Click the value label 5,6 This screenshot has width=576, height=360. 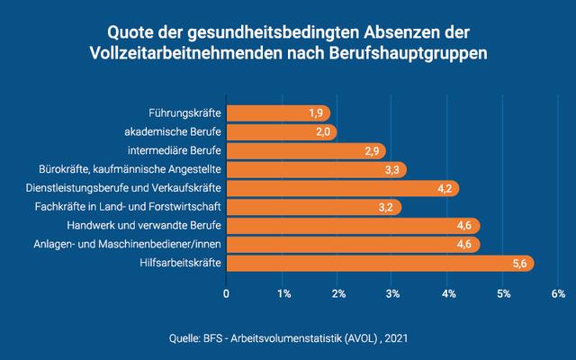pyautogui.click(x=519, y=264)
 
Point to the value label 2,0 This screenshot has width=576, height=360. pyautogui.click(x=321, y=132)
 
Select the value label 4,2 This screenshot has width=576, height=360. pyautogui.click(x=444, y=188)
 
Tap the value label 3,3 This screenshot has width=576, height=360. pyautogui.click(x=391, y=170)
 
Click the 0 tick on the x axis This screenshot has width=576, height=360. pyautogui.click(x=226, y=293)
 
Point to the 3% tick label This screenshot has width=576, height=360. pyautogui.click(x=392, y=293)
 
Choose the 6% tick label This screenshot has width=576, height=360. pyautogui.click(x=558, y=293)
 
